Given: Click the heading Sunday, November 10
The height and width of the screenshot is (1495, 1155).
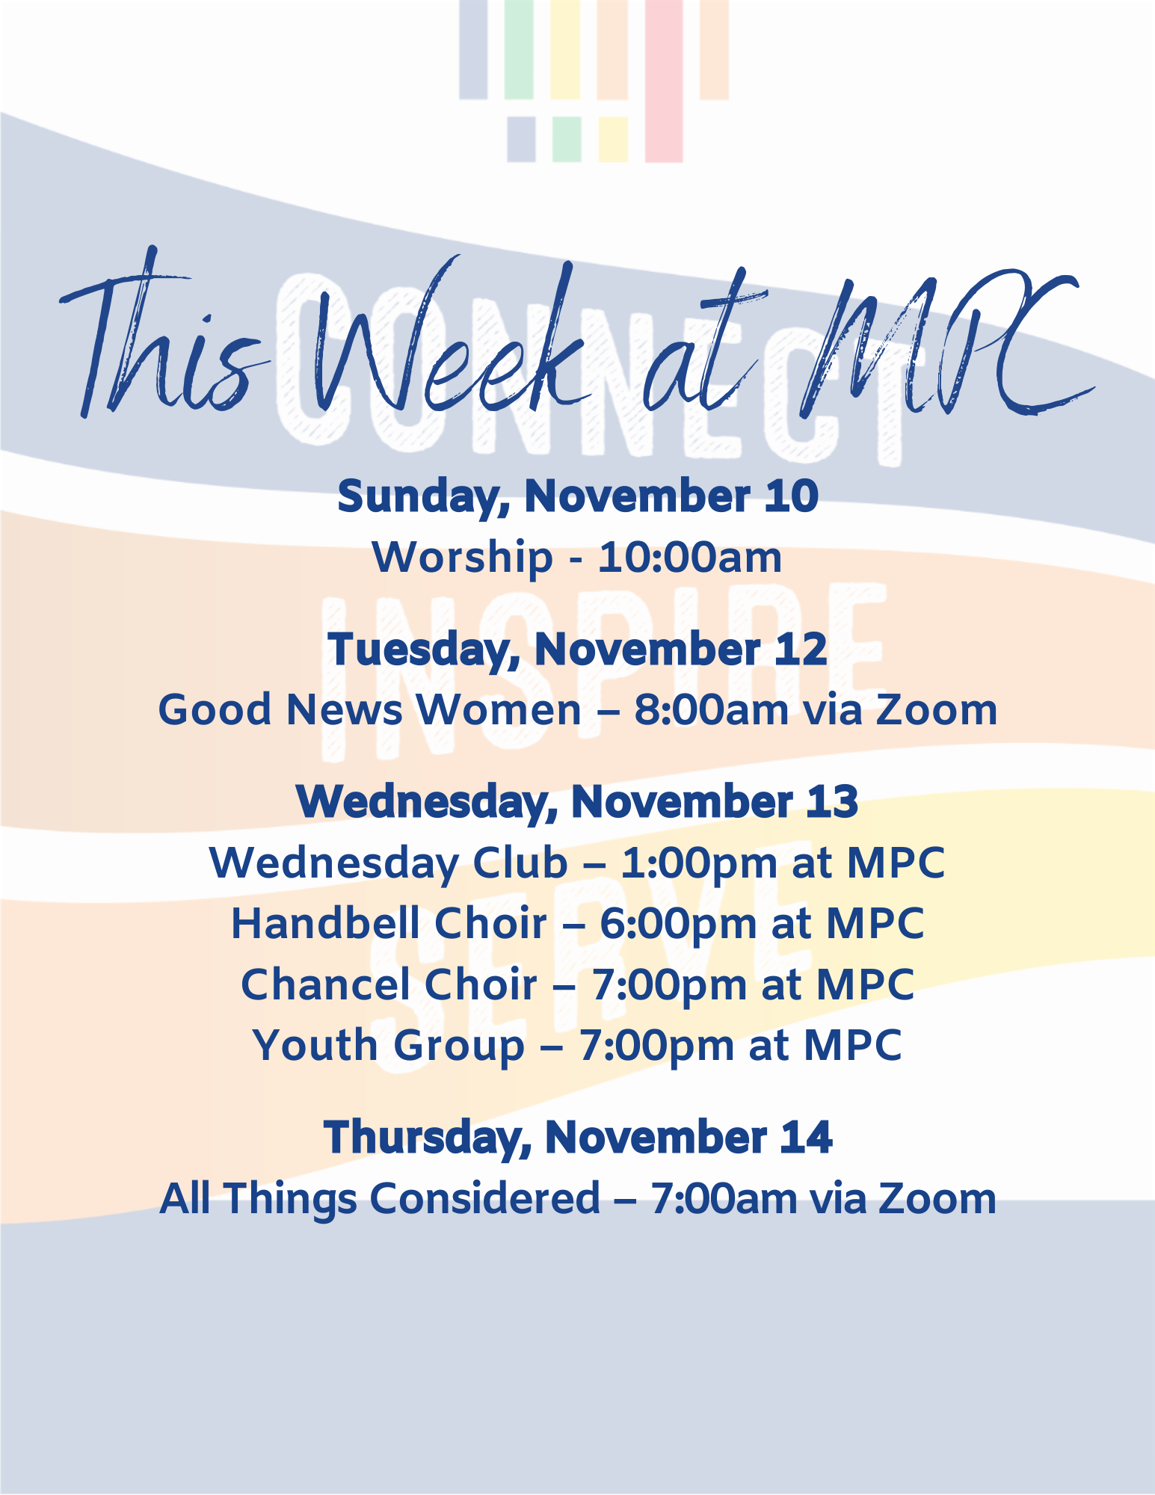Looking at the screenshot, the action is [x=578, y=497].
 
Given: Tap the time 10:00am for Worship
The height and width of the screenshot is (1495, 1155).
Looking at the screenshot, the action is [x=690, y=558].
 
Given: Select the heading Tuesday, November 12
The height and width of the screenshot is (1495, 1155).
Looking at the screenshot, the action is [x=577, y=650].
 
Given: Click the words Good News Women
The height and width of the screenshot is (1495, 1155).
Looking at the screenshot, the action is [x=369, y=709].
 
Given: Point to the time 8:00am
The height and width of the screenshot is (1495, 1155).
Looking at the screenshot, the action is [x=711, y=709].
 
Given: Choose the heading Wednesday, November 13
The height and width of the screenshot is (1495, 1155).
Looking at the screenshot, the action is [x=577, y=802].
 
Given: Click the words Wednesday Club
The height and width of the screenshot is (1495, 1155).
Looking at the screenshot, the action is [x=389, y=863].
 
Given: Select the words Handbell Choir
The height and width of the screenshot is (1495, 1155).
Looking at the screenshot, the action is [x=389, y=924].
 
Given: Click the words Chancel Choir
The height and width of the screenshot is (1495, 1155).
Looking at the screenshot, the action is [x=389, y=984].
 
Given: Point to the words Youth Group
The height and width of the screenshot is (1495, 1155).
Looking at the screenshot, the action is [x=389, y=1046].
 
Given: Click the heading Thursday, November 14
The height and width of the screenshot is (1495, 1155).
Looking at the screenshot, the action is [x=578, y=1138].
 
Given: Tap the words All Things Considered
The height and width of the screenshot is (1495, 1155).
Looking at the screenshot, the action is [x=380, y=1198].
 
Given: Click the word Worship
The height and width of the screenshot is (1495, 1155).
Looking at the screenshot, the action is [x=462, y=558].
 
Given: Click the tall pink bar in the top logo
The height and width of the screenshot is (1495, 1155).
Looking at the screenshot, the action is [x=664, y=81].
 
